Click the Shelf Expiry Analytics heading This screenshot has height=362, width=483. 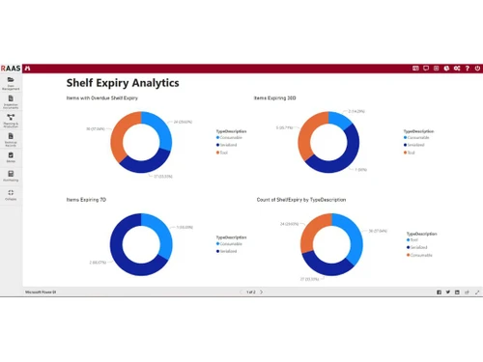coord(122,83)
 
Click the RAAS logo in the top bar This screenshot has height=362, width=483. coord(13,69)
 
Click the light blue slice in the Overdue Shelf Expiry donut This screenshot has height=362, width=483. coord(159,131)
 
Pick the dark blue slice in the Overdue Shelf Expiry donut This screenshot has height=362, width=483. coord(145,165)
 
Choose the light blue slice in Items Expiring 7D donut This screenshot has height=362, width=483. coord(159,231)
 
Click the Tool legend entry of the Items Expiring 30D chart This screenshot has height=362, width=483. coord(412,153)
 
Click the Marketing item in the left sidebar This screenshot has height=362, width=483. coord(11,176)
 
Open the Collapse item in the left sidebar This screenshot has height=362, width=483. coord(11,195)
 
